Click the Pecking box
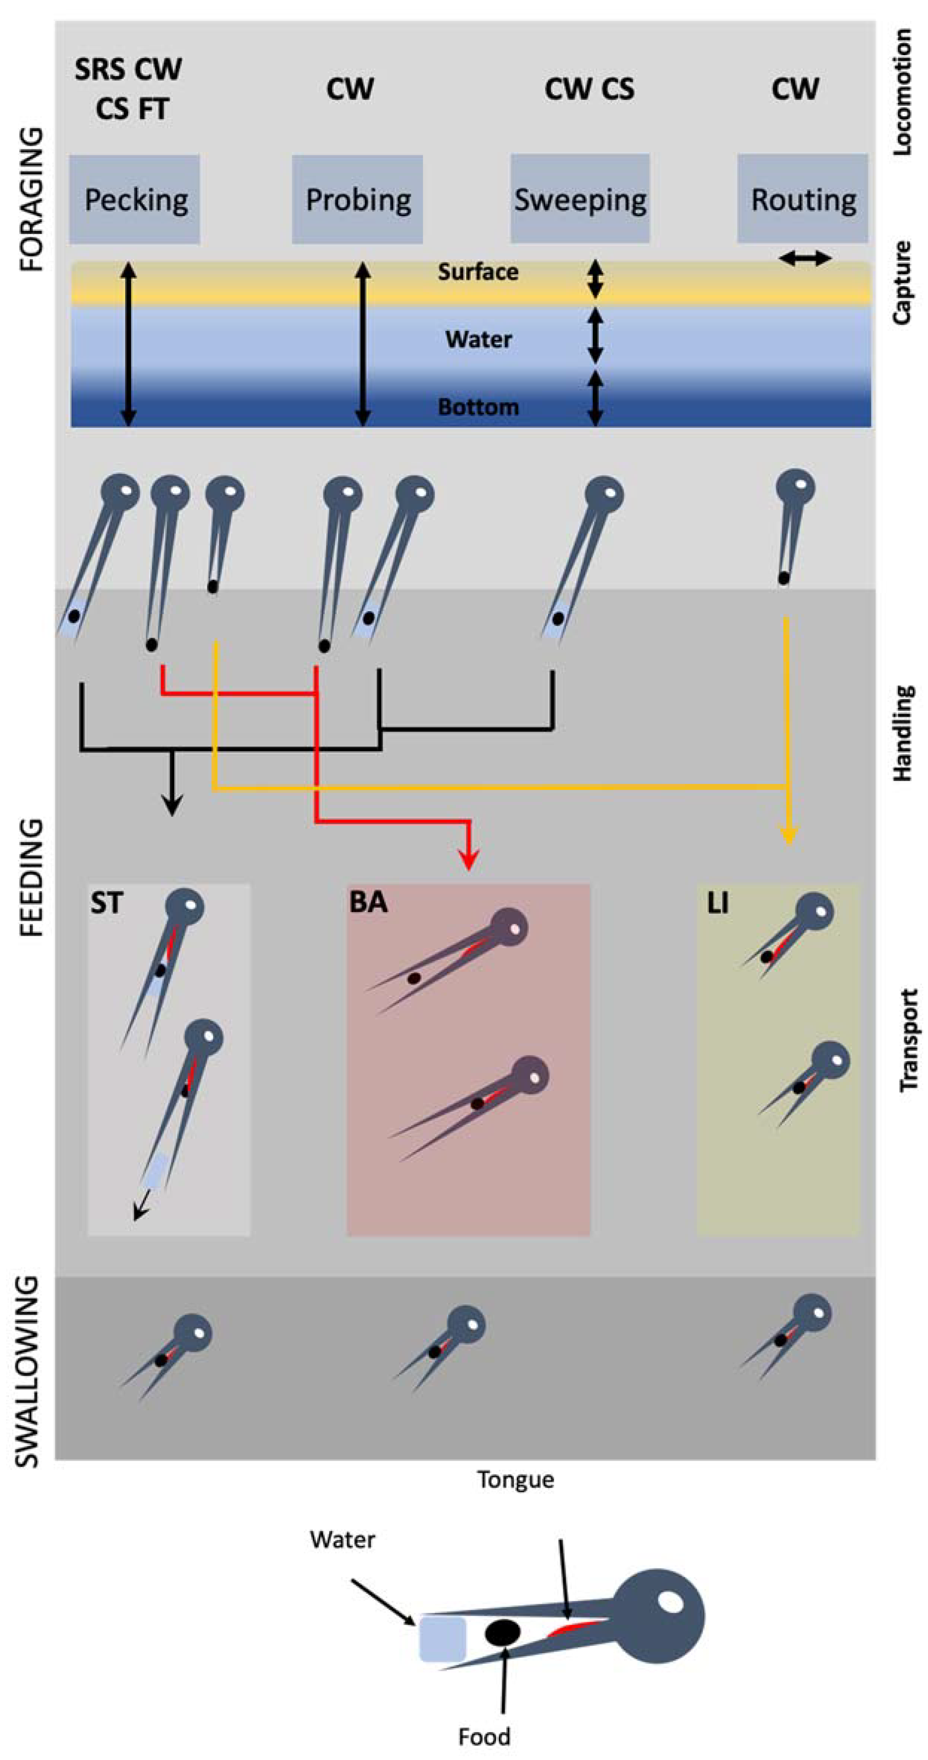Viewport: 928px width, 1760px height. (134, 199)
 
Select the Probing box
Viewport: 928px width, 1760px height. (357, 199)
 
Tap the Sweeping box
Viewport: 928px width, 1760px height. (580, 199)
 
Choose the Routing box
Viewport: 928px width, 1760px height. (802, 199)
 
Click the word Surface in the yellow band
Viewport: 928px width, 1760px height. (478, 272)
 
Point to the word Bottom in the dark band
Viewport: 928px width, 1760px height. (478, 407)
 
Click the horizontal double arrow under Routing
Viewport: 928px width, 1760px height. (805, 258)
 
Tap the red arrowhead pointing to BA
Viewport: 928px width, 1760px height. (468, 860)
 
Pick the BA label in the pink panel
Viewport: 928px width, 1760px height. (368, 902)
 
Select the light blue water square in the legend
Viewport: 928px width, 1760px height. (443, 1639)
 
